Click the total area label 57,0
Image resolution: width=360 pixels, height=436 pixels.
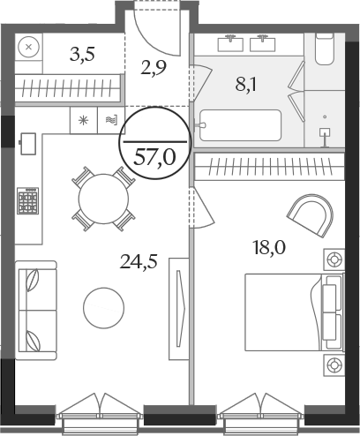(154, 158)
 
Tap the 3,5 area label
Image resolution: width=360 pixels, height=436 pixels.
(82, 55)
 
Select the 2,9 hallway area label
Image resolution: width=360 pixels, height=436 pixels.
(154, 68)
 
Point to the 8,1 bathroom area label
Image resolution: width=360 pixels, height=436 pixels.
(246, 85)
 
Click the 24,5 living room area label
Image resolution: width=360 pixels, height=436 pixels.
(139, 261)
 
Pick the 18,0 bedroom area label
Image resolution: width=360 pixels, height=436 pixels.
(269, 247)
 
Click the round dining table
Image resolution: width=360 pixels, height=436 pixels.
(103, 199)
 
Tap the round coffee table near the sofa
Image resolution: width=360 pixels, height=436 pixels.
(103, 308)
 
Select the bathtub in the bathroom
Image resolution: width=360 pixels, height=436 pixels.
(240, 125)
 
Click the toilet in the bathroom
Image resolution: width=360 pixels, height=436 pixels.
(324, 49)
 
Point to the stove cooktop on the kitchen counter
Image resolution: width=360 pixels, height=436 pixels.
(28, 200)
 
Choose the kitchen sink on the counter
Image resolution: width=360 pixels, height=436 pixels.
(28, 144)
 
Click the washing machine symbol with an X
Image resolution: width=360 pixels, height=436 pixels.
(28, 47)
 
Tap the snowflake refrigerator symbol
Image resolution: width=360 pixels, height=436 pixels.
(84, 120)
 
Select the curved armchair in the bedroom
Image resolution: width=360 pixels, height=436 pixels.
(311, 214)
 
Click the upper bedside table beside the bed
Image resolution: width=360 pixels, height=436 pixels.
(334, 259)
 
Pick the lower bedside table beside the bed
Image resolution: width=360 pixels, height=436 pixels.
(334, 365)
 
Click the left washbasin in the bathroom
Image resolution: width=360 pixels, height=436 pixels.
(230, 43)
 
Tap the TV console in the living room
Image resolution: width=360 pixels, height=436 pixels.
(178, 309)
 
